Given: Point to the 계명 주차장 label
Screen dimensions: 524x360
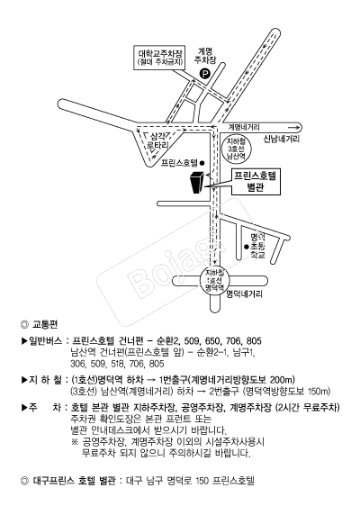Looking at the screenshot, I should [204, 55].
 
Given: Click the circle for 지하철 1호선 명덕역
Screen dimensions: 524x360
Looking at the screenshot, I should [213, 277].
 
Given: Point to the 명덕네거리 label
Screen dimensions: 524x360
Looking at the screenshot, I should [243, 294].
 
